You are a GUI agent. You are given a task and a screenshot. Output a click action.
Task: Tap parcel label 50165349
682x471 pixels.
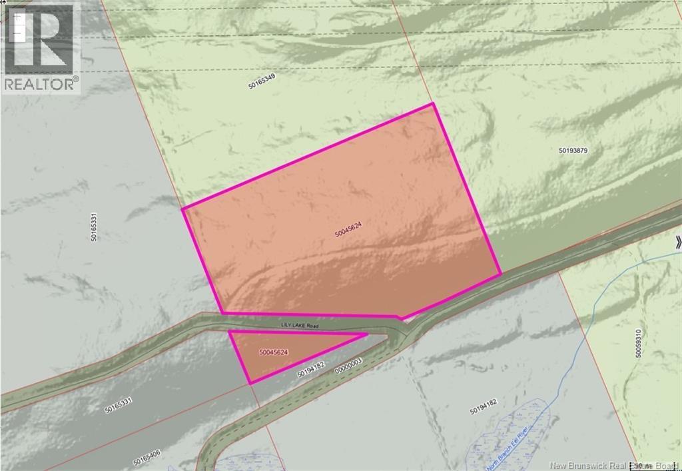[262, 81]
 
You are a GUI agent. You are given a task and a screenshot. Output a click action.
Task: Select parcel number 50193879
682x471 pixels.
[572, 151]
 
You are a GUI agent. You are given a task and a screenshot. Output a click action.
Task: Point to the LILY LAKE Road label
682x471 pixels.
[300, 324]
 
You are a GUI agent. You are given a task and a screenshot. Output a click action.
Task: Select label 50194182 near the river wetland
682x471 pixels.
[484, 407]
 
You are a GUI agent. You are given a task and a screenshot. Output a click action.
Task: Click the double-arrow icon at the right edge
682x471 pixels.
[677, 242]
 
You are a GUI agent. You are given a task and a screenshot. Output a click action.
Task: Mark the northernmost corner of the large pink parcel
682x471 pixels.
[434, 103]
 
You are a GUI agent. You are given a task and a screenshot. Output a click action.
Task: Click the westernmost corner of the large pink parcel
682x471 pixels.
[182, 209]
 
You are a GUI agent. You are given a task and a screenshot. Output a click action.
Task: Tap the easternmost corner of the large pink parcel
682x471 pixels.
[500, 274]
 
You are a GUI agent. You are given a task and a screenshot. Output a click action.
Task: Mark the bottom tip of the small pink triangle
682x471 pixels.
[249, 383]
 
